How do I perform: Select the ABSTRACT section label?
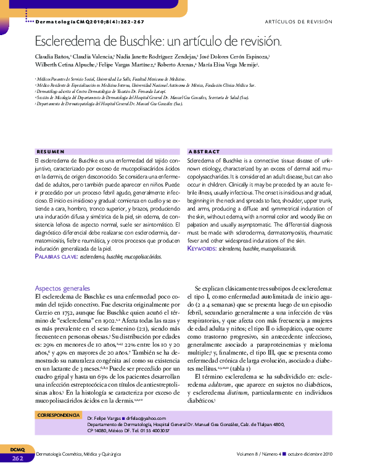(x=204, y=151)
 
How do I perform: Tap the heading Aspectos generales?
(x=62, y=288)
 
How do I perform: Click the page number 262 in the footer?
(x=17, y=457)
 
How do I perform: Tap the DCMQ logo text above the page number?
(x=17, y=450)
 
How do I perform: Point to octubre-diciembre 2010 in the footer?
(x=309, y=454)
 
